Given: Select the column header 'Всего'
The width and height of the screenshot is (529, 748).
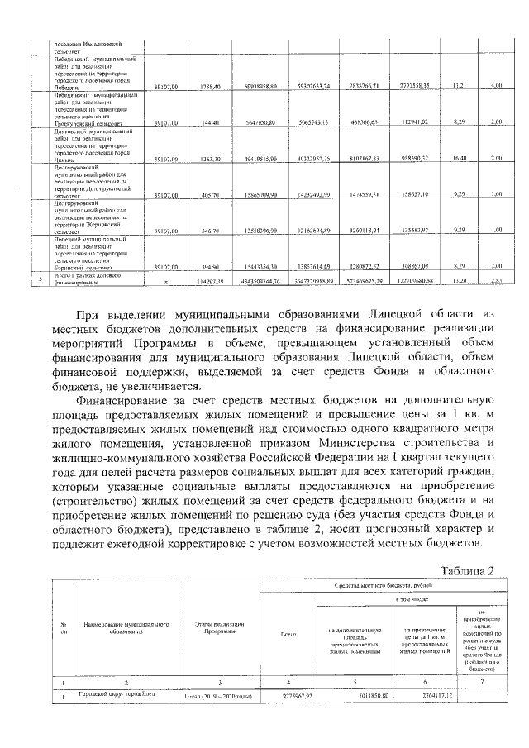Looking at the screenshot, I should (x=288, y=635).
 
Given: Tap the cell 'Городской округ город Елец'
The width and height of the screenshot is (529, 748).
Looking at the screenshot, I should (x=117, y=697).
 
